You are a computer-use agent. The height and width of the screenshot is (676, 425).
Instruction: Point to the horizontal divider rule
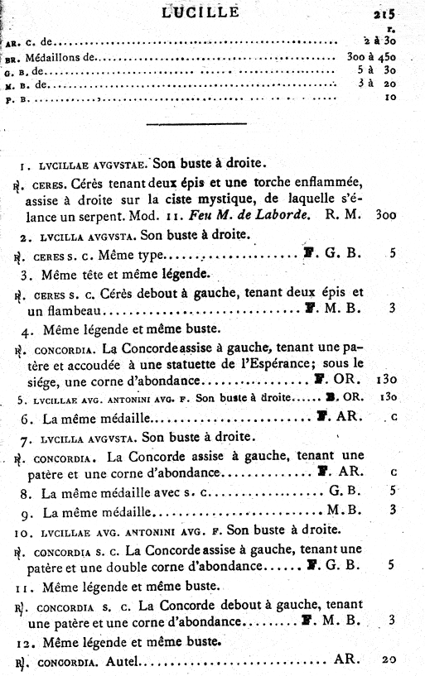click(x=196, y=124)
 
